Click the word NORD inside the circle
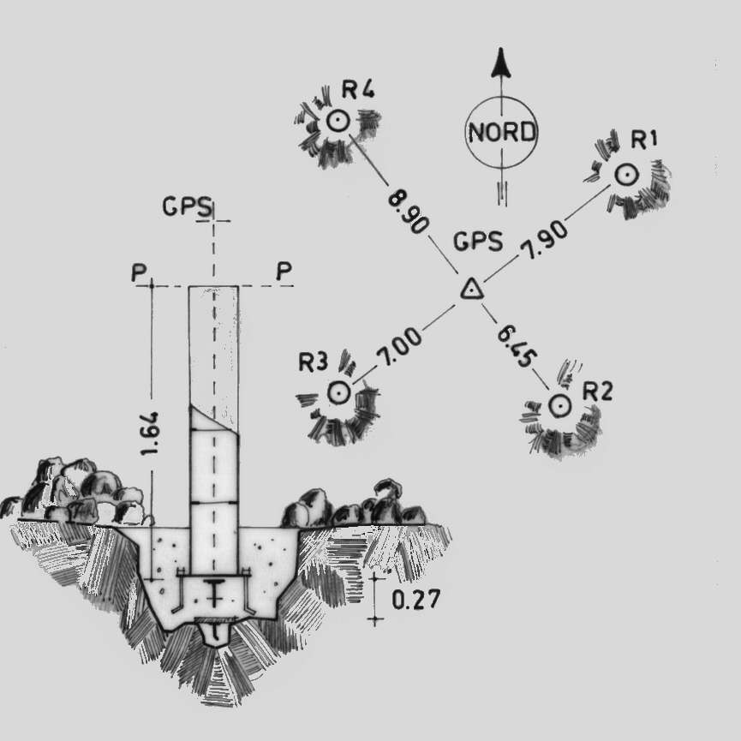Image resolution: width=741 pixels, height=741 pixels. pyautogui.click(x=502, y=132)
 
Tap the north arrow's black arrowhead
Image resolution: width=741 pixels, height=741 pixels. pyautogui.click(x=501, y=62)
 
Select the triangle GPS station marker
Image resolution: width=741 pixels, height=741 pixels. pyautogui.click(x=472, y=290)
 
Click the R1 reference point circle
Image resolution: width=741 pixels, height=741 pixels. pyautogui.click(x=627, y=175)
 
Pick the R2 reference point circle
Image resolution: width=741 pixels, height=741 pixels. pyautogui.click(x=560, y=405)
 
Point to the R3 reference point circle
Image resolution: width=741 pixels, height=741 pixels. pyautogui.click(x=339, y=392)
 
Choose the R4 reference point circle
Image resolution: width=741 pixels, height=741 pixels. pyautogui.click(x=338, y=122)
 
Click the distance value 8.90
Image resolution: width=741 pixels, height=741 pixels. pyautogui.click(x=409, y=210)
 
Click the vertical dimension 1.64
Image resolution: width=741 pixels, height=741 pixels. pyautogui.click(x=150, y=433)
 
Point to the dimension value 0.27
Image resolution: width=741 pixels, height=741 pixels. pyautogui.click(x=416, y=600)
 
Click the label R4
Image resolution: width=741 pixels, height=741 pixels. pyautogui.click(x=358, y=89)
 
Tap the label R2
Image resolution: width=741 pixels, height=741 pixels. pyautogui.click(x=597, y=391)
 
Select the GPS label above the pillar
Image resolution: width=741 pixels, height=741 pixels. pyautogui.click(x=187, y=206)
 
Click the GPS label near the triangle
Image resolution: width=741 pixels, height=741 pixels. pyautogui.click(x=478, y=241)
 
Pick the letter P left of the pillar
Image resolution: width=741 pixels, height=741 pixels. pyautogui.click(x=140, y=272)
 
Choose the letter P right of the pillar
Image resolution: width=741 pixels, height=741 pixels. pyautogui.click(x=284, y=271)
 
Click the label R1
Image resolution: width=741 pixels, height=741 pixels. pyautogui.click(x=644, y=140)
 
